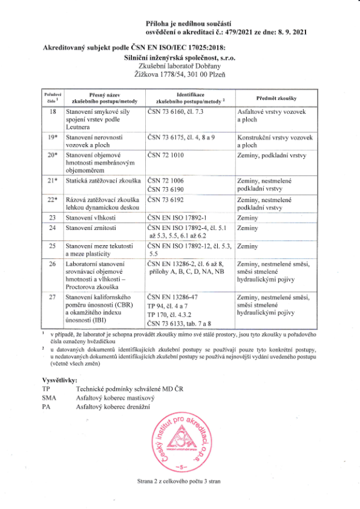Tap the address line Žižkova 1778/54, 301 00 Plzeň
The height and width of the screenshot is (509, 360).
click(180, 74)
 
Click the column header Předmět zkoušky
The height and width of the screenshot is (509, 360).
click(275, 98)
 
